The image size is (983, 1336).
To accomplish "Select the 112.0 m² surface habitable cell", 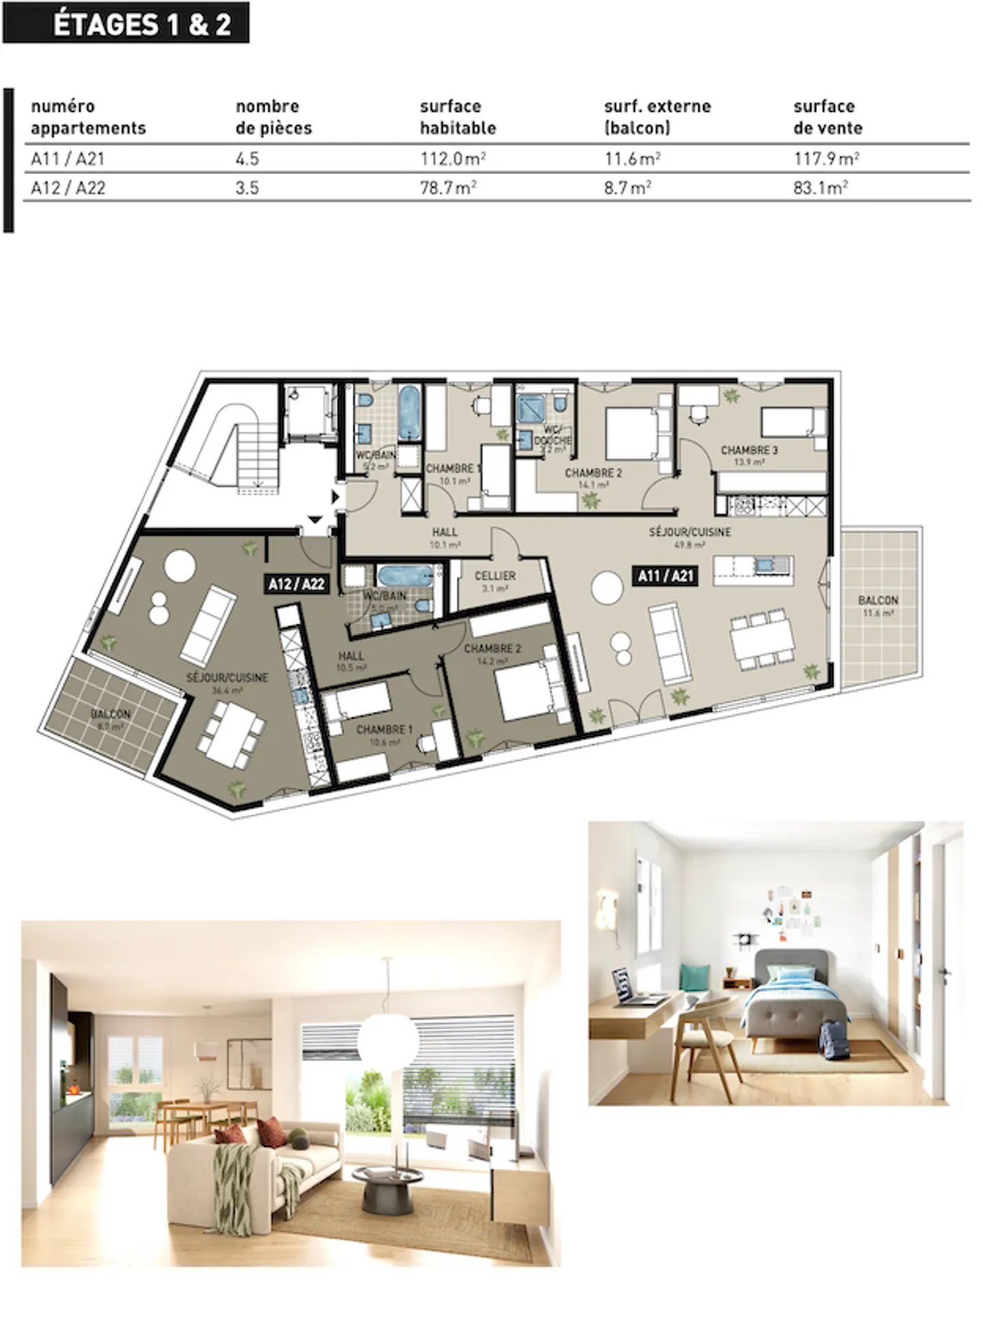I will [453, 159].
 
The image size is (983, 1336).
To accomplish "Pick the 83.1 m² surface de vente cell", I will [820, 188].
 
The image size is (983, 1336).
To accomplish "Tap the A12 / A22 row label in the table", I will [68, 188].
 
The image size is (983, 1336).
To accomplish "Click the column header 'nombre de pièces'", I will [273, 117].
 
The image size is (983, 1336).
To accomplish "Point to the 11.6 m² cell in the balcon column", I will [631, 159].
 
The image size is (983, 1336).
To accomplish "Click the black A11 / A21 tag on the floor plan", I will [665, 576].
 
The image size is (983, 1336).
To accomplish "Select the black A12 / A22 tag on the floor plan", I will [296, 584].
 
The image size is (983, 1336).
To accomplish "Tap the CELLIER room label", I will [495, 580].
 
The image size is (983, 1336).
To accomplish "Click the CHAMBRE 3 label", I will [749, 454].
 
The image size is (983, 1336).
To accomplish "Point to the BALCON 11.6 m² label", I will [878, 605].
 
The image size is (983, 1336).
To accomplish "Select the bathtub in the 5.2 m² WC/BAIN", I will [410, 414].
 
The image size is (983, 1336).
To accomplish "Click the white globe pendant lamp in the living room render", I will [388, 1038].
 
